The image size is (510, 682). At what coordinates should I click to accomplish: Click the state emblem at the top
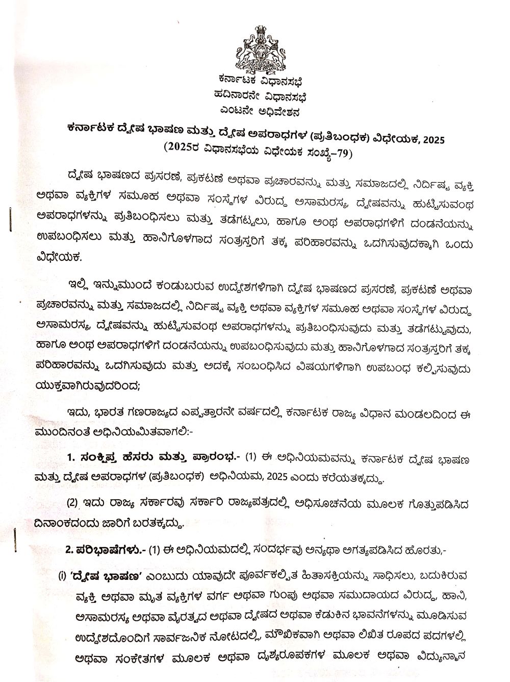[x=259, y=49]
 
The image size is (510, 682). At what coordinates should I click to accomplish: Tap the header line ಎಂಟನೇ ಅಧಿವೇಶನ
[x=260, y=110]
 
